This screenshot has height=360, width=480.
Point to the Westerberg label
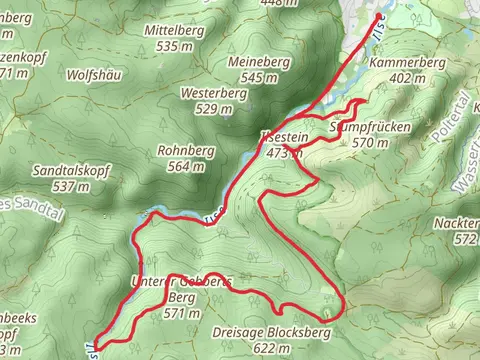(x=213, y=93)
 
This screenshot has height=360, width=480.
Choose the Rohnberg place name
(x=181, y=151)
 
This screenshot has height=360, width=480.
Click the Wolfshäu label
(x=93, y=75)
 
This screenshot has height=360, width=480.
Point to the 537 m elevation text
(x=65, y=186)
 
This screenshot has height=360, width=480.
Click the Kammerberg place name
(x=406, y=62)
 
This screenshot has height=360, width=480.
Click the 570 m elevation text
(x=369, y=143)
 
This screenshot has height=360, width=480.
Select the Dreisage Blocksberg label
(x=257, y=333)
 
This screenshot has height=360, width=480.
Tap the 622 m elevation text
(x=257, y=348)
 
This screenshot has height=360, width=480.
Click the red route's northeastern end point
(x=377, y=19)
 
